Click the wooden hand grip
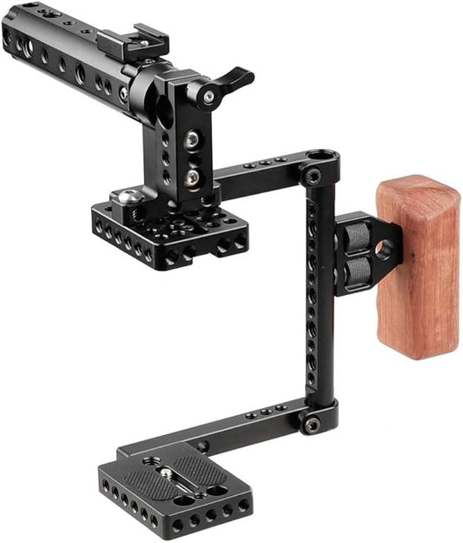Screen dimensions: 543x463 [417, 265]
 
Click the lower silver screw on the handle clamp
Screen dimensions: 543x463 [192, 177]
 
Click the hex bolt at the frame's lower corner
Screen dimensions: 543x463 [311, 426]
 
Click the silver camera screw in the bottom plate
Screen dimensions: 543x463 [165, 473]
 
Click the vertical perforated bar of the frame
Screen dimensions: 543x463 [318, 305]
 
